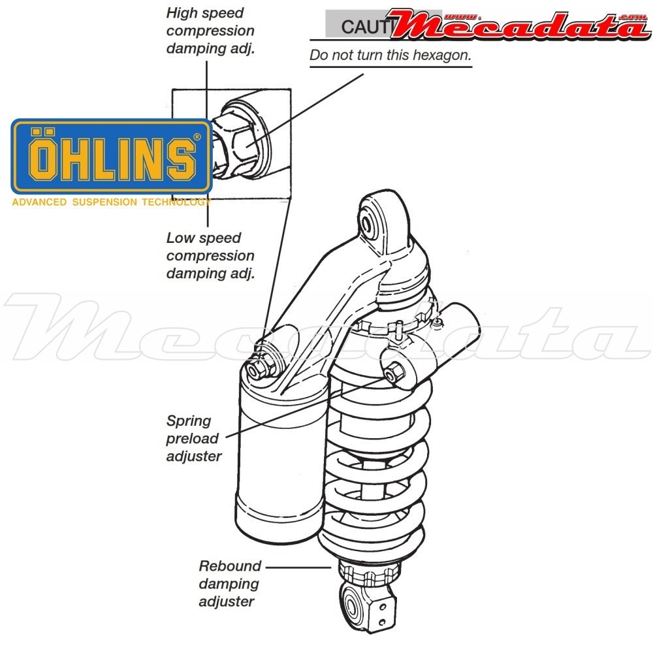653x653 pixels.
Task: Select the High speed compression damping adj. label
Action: coord(210,30)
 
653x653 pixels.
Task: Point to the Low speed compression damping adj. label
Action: coord(210,255)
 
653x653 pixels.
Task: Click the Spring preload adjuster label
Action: coord(193,438)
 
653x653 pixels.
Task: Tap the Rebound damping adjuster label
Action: coord(229,584)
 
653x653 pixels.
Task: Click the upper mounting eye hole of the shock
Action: coord(368,222)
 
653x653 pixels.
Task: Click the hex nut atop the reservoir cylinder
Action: coord(256,370)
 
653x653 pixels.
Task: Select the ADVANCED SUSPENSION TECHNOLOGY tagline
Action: coord(111,202)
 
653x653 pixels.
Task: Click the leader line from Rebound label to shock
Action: coord(297,567)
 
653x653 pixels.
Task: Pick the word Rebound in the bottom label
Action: coord(229,566)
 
